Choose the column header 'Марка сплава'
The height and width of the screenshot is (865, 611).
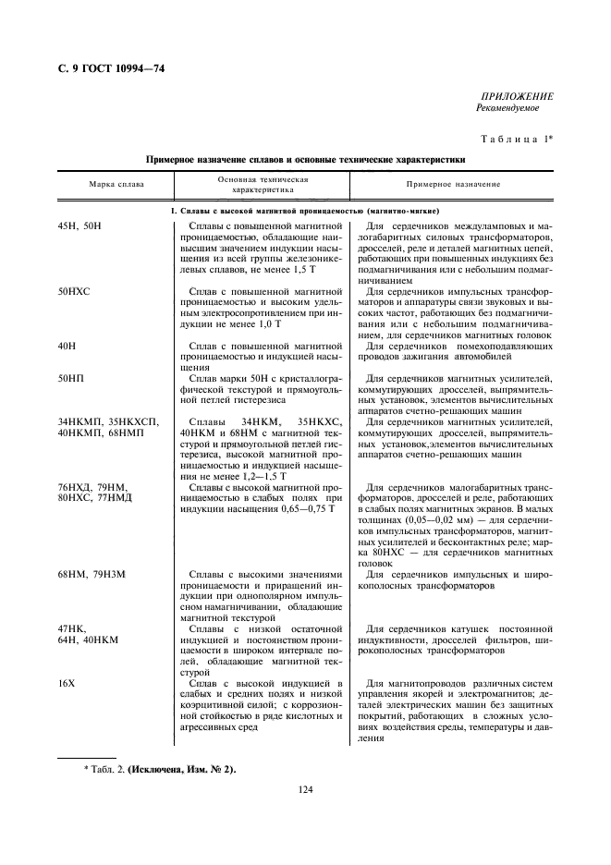pyautogui.click(x=116, y=185)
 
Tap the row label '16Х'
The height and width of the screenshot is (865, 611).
pyautogui.click(x=67, y=683)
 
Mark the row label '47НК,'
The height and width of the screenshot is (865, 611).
pyautogui.click(x=72, y=628)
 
